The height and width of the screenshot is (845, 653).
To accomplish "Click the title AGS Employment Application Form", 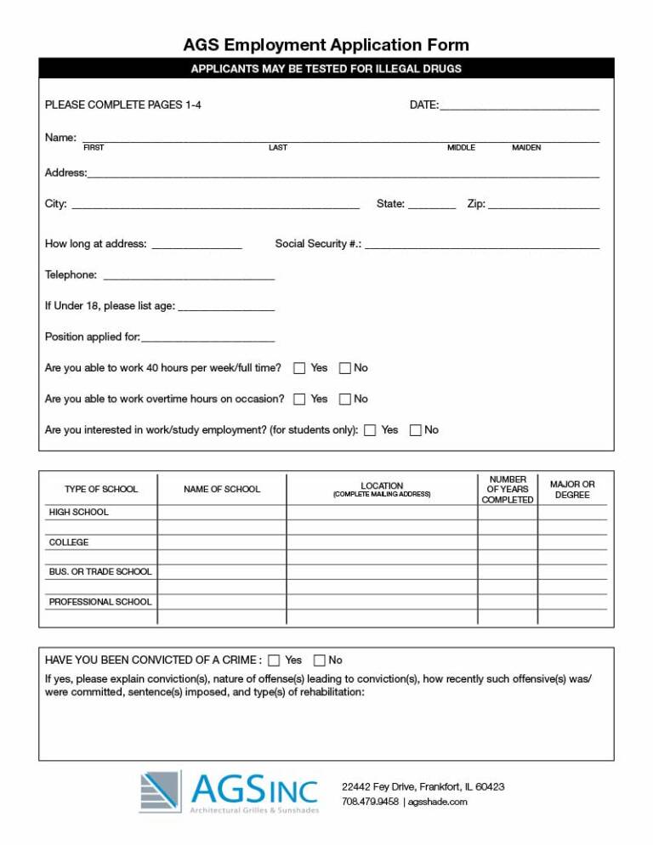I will point(326,45).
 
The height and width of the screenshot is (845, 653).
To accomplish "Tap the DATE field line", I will point(520,107).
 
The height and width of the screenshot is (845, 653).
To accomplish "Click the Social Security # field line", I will point(481,246).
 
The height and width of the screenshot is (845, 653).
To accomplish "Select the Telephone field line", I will point(188,277).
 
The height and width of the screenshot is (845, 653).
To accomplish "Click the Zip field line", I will point(543,206).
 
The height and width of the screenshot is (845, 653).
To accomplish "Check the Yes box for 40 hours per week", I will point(299,368).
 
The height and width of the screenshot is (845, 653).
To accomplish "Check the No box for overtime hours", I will point(345,399).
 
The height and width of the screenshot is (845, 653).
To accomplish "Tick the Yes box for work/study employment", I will point(370,430).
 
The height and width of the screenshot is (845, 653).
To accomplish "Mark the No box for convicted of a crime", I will point(320,661).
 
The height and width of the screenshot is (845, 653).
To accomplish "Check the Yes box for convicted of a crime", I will point(274,661).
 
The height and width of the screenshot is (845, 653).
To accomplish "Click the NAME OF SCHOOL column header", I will point(222,490).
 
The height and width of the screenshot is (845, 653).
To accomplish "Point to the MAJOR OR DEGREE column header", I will point(572,490).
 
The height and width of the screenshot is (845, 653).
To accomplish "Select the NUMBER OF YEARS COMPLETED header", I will point(508,490).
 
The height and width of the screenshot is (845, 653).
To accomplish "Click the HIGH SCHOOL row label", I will point(79,513).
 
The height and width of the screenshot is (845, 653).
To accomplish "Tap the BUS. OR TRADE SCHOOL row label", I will point(100,572).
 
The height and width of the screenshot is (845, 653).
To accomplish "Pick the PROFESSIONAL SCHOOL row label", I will point(100,602).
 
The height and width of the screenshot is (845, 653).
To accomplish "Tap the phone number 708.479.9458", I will point(370,802).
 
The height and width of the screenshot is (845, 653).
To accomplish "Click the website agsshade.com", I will point(437,802).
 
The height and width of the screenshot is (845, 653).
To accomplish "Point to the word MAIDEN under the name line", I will point(526,148).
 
